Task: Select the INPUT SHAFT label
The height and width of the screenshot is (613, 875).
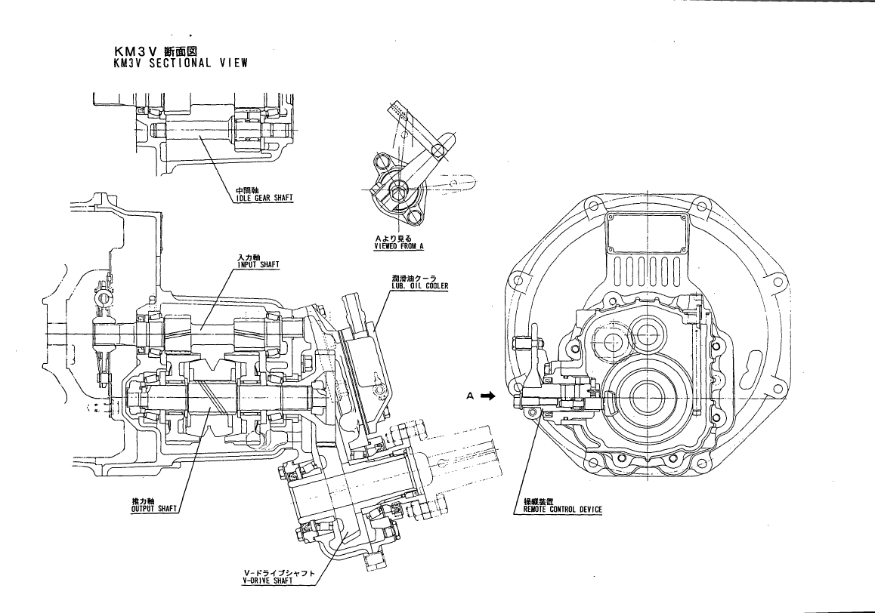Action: pyautogui.click(x=258, y=265)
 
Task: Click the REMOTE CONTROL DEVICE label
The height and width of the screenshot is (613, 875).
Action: pyautogui.click(x=563, y=510)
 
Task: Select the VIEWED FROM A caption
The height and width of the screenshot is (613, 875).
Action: pyautogui.click(x=399, y=246)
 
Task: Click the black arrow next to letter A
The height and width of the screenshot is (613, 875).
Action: pyautogui.click(x=489, y=395)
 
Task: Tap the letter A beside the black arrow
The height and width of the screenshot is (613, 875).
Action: pyautogui.click(x=470, y=395)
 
